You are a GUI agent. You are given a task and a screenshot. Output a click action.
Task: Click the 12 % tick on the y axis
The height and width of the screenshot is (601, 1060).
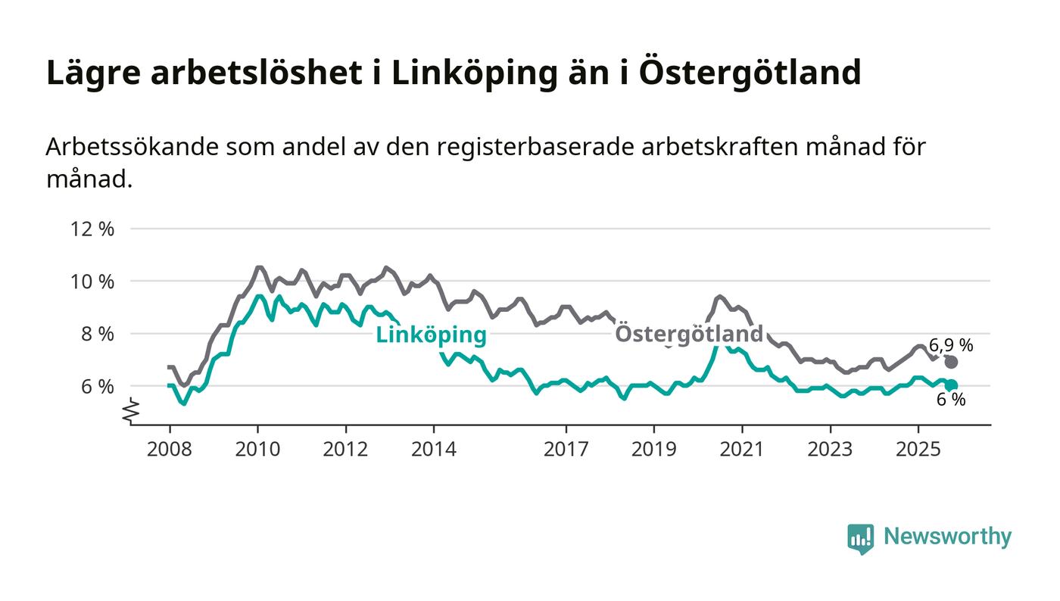[92, 229]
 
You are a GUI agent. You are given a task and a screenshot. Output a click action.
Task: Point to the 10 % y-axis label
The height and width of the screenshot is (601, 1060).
[92, 282]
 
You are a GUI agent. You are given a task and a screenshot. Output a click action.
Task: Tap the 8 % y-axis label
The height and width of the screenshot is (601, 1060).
[97, 334]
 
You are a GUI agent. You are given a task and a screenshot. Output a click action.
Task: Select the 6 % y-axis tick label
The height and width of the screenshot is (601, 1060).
[97, 386]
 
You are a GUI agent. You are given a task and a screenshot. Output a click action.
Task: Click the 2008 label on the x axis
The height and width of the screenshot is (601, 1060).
[170, 449]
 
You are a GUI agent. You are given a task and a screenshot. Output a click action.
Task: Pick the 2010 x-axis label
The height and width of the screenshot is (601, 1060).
[257, 449]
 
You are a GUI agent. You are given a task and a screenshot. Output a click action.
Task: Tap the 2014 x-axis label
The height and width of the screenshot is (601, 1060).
[434, 449]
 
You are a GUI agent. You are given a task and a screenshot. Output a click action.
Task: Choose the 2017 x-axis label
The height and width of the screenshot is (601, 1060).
[566, 449]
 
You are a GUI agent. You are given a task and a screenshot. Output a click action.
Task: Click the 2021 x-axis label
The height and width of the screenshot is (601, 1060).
[742, 449]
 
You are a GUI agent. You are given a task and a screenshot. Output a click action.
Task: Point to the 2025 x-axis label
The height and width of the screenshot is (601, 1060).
[918, 449]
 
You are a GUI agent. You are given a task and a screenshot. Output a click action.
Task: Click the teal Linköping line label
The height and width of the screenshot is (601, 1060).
[431, 335]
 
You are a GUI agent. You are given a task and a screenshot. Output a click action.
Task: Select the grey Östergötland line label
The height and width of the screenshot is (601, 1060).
[688, 334]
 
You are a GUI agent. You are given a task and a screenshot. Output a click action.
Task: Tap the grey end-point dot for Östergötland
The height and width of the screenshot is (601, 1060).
[952, 362]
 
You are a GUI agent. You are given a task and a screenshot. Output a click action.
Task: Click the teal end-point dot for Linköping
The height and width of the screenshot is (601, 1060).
[952, 385]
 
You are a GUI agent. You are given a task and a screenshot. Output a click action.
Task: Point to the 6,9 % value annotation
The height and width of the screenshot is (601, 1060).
[951, 346]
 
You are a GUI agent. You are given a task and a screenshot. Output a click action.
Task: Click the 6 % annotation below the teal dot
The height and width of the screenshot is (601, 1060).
[951, 400]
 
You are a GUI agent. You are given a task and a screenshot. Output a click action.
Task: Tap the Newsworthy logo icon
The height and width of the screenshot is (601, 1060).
[860, 538]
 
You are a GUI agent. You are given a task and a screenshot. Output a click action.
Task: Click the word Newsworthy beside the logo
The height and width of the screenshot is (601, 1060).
[947, 537]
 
